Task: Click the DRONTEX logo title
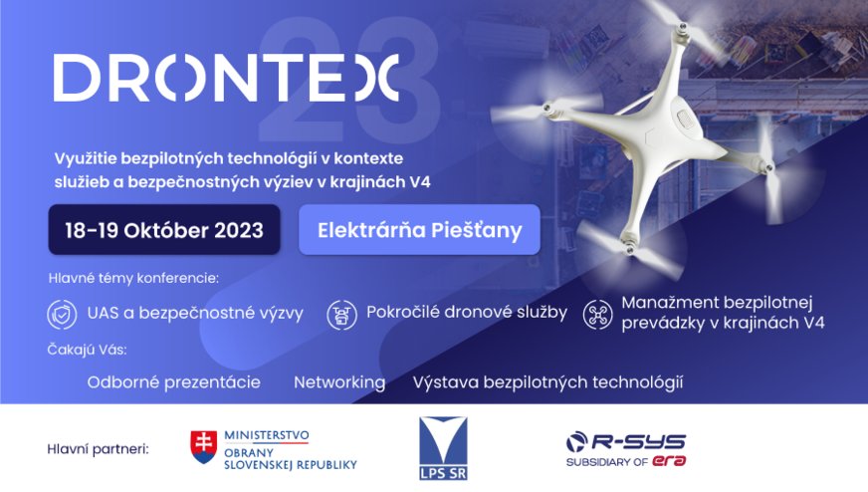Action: pyautogui.click(x=226, y=78)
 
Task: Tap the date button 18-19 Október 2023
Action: pyautogui.click(x=164, y=230)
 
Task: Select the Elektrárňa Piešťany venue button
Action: pyautogui.click(x=420, y=230)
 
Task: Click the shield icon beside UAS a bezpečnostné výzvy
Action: pyautogui.click(x=62, y=314)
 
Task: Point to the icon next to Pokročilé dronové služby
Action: pyautogui.click(x=341, y=315)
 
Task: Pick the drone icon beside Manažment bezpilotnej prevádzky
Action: pyautogui.click(x=598, y=315)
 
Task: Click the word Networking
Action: pyautogui.click(x=339, y=382)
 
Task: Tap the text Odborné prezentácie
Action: pyautogui.click(x=174, y=382)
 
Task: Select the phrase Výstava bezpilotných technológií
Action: pyautogui.click(x=548, y=382)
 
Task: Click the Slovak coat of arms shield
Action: pyautogui.click(x=204, y=447)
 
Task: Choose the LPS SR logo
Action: pyautogui.click(x=443, y=448)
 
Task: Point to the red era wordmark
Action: pyautogui.click(x=669, y=461)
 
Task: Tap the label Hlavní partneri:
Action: pyautogui.click(x=98, y=449)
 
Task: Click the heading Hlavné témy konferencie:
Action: pyautogui.click(x=133, y=278)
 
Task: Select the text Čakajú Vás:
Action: pyautogui.click(x=87, y=350)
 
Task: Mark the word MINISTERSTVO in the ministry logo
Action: pyautogui.click(x=266, y=435)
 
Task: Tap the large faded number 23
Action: pyautogui.click(x=349, y=79)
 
